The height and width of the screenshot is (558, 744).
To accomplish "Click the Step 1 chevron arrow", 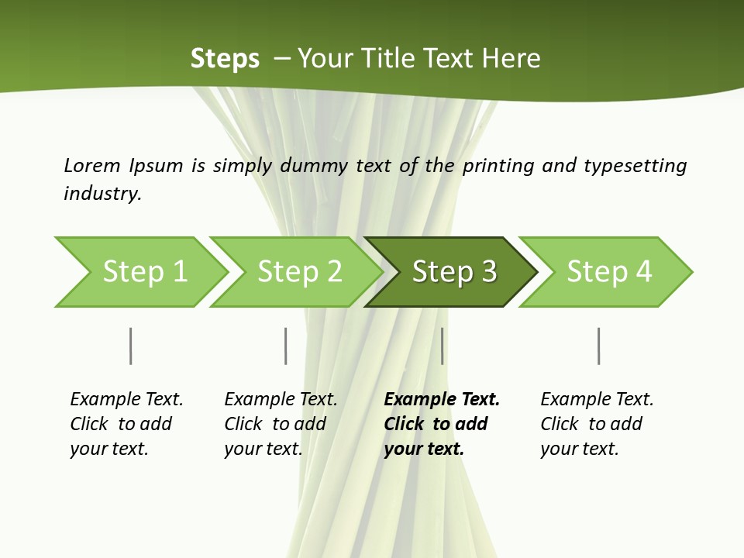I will (x=143, y=272).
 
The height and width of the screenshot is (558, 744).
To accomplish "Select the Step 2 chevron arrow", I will (x=298, y=272).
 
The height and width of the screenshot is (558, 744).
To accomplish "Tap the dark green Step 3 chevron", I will (x=453, y=272).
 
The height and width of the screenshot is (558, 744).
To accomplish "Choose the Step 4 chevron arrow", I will (x=608, y=272).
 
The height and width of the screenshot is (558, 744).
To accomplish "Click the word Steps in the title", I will (x=225, y=59).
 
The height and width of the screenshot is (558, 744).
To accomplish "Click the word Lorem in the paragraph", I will (x=92, y=166).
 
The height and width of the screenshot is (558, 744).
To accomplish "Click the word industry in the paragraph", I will (x=102, y=193).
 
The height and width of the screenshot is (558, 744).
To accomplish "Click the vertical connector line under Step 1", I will (x=130, y=346).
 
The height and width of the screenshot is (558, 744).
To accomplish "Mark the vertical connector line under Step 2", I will (x=285, y=346).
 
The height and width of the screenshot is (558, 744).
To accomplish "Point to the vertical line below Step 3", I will (x=442, y=346).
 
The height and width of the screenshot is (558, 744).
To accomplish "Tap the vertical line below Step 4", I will (x=598, y=346).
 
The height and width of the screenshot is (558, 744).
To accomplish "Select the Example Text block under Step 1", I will (x=126, y=424).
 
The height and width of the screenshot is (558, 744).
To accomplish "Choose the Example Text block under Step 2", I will (x=280, y=424).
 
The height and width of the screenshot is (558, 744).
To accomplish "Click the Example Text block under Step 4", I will (x=596, y=424).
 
